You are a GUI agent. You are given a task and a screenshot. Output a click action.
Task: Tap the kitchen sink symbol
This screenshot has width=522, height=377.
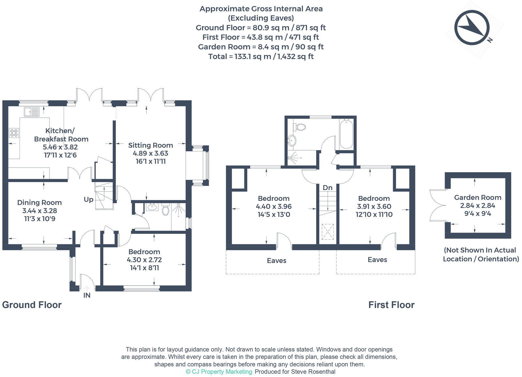(x=31, y=112)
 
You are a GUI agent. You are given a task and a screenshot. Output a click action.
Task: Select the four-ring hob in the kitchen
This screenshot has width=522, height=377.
(x=14, y=133)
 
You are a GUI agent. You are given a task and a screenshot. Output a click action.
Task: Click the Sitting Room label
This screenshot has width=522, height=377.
(x=150, y=145)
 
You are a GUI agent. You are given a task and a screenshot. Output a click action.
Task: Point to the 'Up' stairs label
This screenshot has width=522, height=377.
(x=88, y=199)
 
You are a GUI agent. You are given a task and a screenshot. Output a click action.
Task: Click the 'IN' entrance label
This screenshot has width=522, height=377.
(x=87, y=295)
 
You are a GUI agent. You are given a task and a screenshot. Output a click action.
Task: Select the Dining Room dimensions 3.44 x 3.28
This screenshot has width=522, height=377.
(x=39, y=211)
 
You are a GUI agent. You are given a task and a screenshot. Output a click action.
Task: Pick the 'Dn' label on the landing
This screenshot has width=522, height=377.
(x=328, y=188)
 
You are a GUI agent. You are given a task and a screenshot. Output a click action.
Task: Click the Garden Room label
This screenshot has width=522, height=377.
(x=478, y=197)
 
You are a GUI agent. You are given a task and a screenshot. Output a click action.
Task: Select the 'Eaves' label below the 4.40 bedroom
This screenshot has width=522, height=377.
(x=276, y=261)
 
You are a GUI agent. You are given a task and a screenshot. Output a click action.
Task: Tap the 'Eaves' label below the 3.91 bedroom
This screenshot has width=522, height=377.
(x=377, y=260)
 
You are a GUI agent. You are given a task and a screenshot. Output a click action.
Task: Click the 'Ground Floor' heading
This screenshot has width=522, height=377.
(x=32, y=305)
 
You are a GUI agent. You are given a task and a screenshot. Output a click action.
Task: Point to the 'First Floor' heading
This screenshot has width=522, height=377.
(x=391, y=305)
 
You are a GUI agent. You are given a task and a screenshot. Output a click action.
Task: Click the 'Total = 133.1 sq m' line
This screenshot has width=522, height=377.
(x=261, y=56)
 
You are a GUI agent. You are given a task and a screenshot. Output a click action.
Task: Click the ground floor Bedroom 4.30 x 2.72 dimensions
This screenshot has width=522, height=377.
(x=144, y=260)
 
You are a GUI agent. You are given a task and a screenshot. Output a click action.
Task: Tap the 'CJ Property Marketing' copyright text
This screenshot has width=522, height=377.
(x=219, y=371)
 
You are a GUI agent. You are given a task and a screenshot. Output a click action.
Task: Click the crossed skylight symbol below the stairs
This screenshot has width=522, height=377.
(x=328, y=232)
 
